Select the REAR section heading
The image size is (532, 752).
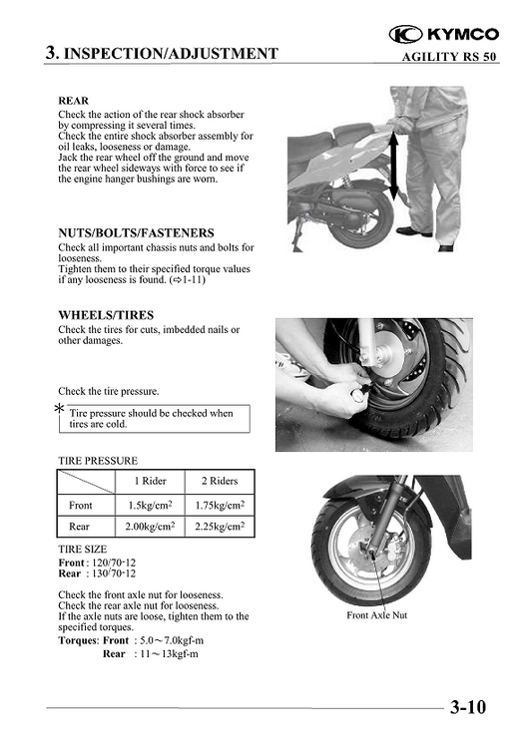click(74, 102)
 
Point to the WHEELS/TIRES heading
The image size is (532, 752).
click(106, 315)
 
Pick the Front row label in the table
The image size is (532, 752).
click(81, 506)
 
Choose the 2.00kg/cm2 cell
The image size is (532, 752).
click(151, 527)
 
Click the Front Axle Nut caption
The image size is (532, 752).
click(376, 615)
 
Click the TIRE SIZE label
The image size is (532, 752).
click(83, 550)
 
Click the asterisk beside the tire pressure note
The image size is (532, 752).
click(60, 411)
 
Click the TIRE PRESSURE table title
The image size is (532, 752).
click(99, 461)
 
